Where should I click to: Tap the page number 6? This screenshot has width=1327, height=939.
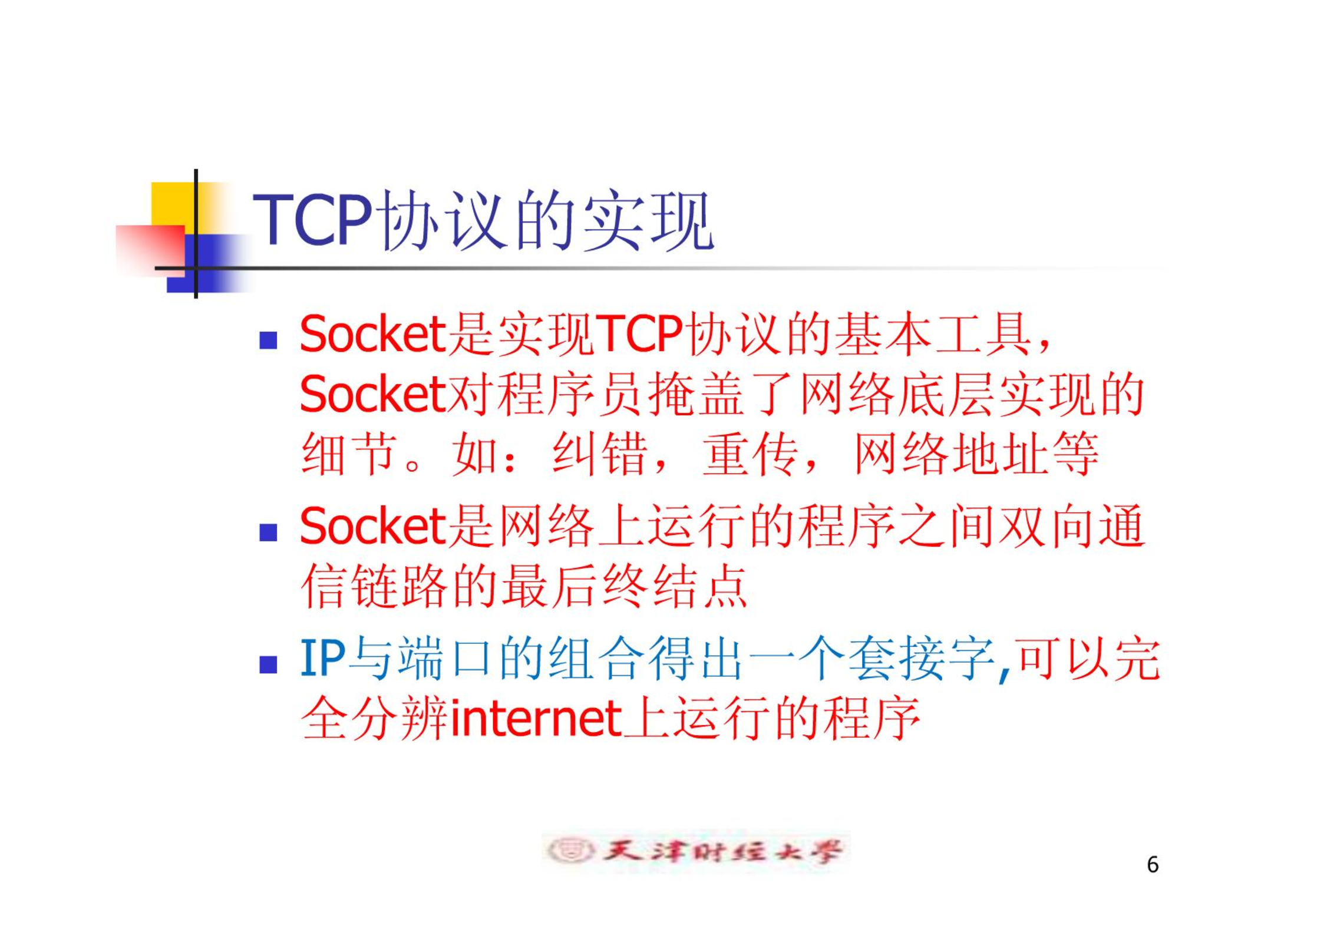tap(1153, 864)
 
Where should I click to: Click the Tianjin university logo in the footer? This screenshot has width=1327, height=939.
tap(695, 851)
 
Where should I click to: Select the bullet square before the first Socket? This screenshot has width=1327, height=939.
tap(268, 340)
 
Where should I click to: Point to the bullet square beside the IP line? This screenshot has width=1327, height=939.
tap(268, 664)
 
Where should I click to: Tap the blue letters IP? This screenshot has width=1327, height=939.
tap(322, 658)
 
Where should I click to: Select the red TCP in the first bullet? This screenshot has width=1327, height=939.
tap(639, 334)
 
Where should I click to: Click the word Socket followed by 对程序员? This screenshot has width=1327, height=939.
tap(372, 394)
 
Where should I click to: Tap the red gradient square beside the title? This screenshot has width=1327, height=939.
tap(151, 250)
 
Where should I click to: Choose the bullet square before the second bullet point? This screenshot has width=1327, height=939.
tap(268, 532)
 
